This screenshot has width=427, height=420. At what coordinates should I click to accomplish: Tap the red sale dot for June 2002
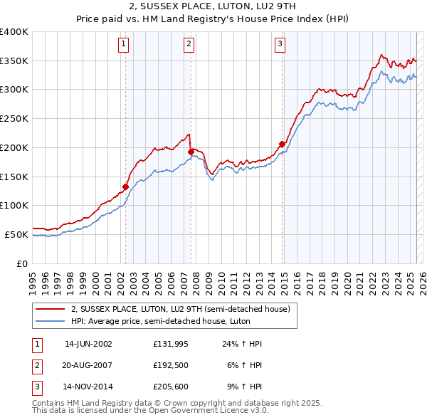[125, 187]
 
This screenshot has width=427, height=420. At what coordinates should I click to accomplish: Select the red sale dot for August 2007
[191, 152]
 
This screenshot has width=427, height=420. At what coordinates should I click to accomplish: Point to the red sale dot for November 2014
[282, 145]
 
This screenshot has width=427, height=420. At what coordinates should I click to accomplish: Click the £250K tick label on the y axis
[14, 119]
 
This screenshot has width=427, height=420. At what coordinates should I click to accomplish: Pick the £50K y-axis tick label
[16, 234]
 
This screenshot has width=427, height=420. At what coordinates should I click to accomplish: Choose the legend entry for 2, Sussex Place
[180, 310]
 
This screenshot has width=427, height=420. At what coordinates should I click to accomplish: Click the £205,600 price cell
[170, 387]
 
